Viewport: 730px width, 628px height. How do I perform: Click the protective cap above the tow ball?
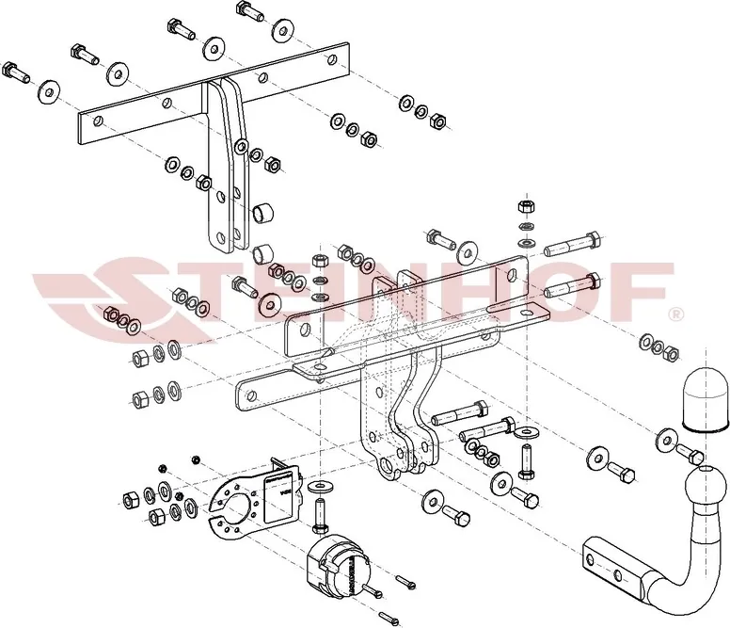pyautogui.click(x=706, y=399)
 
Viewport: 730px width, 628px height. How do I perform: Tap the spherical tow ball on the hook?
pyautogui.click(x=706, y=486)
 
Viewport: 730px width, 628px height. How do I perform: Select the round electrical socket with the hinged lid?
pyautogui.click(x=338, y=565)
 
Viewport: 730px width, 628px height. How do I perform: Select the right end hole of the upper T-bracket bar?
pyautogui.click(x=332, y=59)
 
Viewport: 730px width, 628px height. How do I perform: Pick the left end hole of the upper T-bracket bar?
pyautogui.click(x=98, y=121)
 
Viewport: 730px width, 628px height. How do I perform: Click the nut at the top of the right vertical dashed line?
pyautogui.click(x=526, y=206)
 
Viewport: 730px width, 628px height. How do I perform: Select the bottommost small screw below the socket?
pyautogui.click(x=390, y=619)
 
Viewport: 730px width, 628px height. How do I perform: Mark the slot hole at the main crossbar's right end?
pyautogui.click(x=512, y=275)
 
